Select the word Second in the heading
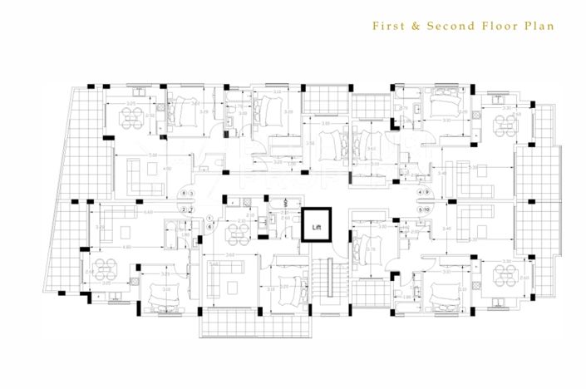point(451,26)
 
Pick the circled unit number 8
point(183,194)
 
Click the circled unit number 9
point(428,194)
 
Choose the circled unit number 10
point(428,209)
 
